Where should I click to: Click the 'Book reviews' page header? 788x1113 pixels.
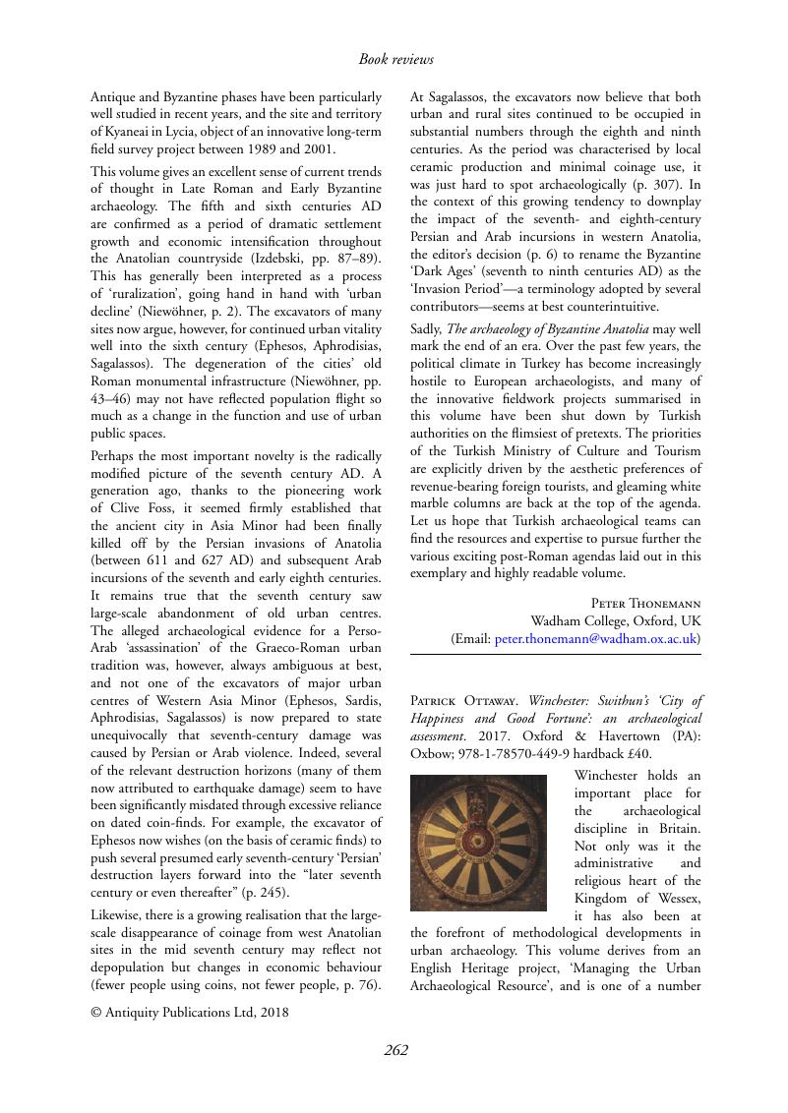(x=395, y=60)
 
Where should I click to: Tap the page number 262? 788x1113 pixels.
(x=395, y=1049)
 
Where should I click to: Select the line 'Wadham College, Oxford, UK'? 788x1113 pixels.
(x=616, y=620)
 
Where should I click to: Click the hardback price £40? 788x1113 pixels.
(x=638, y=755)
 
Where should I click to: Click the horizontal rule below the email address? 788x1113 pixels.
(x=556, y=655)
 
